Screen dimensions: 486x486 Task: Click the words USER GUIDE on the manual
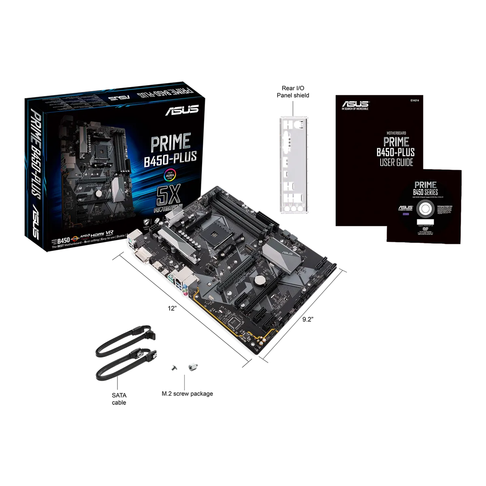[x=396, y=163]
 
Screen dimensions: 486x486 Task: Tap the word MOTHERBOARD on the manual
[x=396, y=132]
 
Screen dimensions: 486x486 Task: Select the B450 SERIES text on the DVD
[x=425, y=192]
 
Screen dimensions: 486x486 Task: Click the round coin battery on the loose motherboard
[x=259, y=279]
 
